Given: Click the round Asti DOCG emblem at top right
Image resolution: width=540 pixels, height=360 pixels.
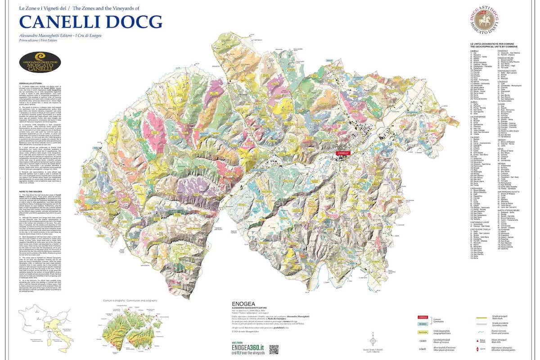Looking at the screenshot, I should pos(485,21).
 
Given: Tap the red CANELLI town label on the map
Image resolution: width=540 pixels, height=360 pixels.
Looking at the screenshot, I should pos(343,153).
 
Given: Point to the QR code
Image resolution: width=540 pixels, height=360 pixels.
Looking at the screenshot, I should pos(274,349).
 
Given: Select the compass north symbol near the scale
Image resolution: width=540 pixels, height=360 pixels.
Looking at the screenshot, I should pos(373,340).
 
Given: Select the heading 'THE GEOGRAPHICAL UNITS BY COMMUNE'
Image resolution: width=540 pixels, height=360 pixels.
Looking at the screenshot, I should pos(491,46).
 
